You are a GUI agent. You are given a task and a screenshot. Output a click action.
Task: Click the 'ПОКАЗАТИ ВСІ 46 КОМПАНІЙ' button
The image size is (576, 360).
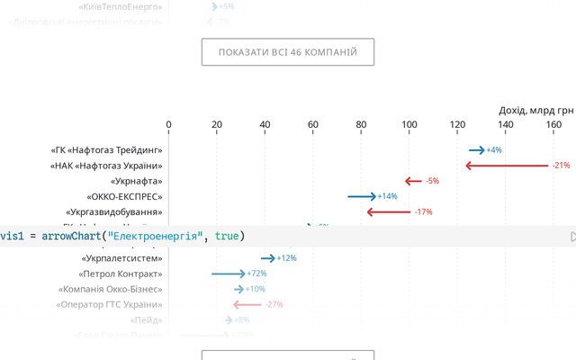(288, 52)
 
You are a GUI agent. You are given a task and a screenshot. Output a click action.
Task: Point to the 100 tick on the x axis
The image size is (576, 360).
(409, 125)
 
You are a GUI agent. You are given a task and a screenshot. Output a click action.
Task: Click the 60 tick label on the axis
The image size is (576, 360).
(313, 125)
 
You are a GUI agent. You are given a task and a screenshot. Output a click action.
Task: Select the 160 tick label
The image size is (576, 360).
(553, 125)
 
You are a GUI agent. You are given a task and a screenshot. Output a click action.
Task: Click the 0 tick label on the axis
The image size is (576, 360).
(168, 125)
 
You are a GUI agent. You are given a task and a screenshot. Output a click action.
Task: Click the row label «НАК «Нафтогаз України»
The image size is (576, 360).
(106, 166)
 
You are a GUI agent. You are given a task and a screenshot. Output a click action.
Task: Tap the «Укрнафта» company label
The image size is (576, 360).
(135, 181)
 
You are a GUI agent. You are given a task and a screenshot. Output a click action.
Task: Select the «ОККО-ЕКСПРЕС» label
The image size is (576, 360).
(124, 196)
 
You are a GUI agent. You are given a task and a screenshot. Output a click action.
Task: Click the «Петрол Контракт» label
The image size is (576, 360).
(121, 274)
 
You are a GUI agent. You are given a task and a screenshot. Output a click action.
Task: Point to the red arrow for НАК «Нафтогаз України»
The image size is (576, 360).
(507, 166)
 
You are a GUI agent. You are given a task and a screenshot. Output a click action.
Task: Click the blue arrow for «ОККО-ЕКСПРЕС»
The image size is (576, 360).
(362, 196)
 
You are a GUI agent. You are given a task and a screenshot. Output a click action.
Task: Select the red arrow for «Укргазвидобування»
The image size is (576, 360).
(388, 211)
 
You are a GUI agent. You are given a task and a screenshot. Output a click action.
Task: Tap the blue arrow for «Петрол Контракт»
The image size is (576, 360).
(228, 274)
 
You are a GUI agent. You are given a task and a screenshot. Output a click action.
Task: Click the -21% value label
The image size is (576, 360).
(562, 166)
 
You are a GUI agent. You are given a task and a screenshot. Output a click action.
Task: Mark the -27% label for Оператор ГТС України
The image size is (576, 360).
(274, 304)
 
